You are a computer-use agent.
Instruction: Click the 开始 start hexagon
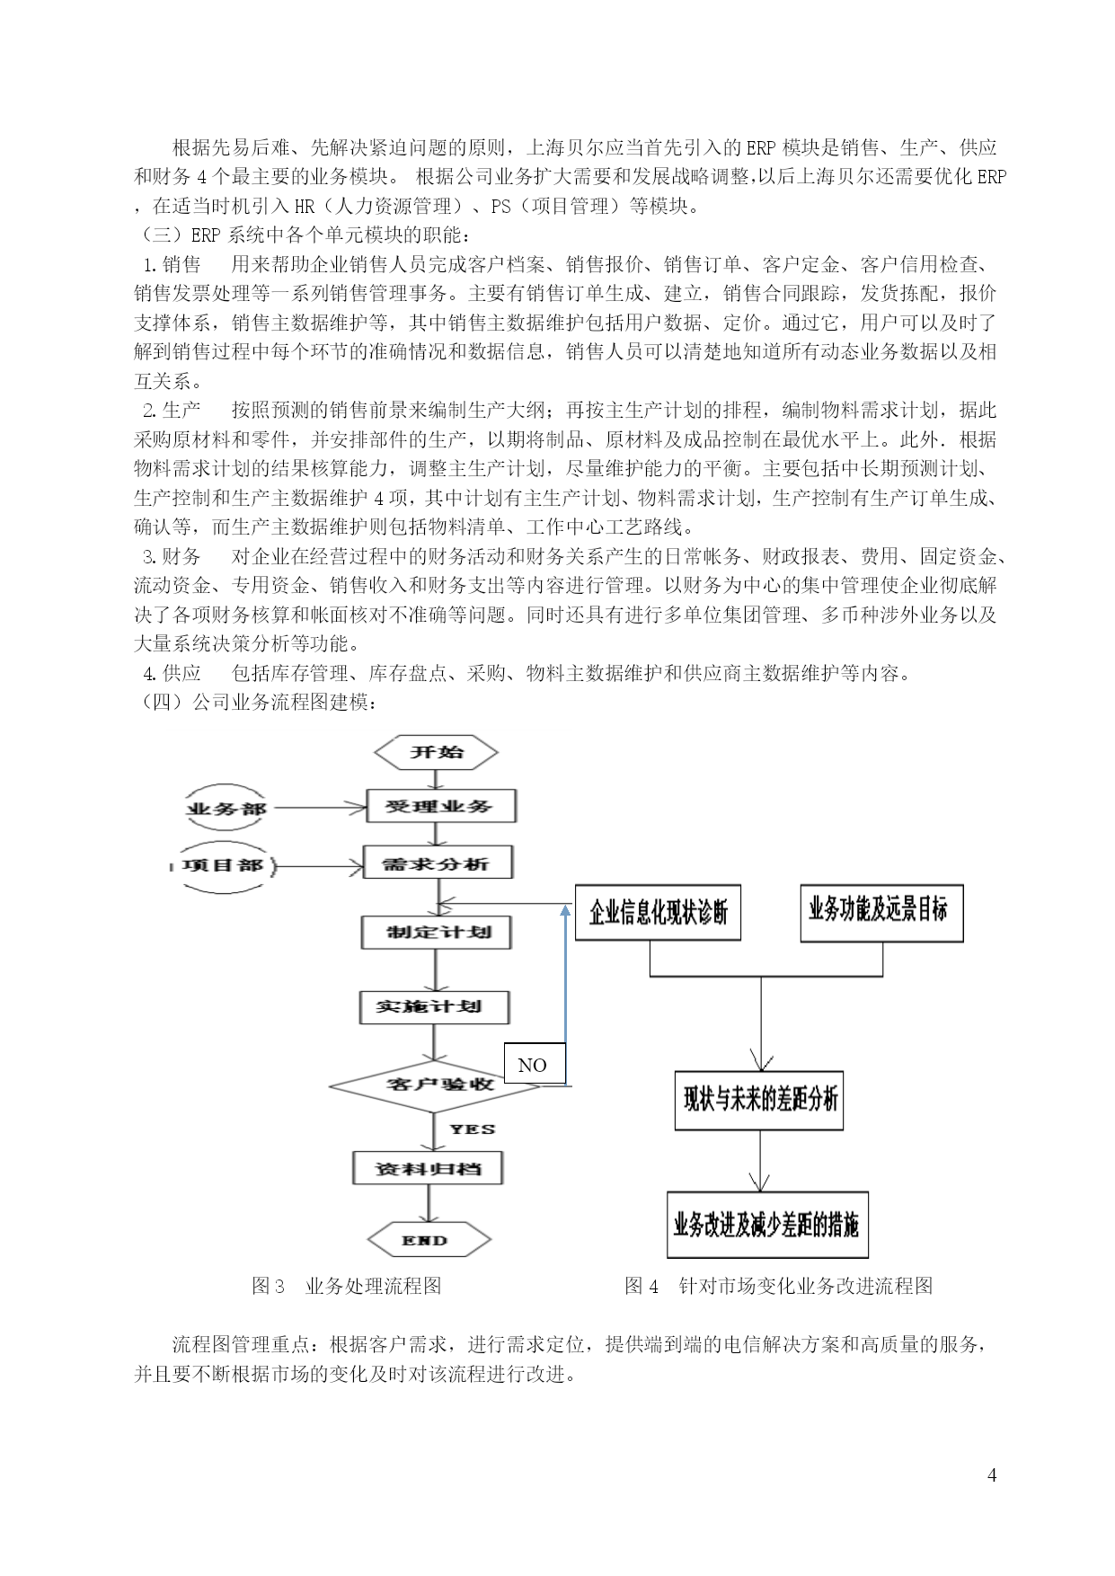436,752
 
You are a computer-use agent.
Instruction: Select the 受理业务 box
441,806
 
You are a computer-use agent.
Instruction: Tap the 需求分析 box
438,863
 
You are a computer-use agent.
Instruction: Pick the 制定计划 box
437,932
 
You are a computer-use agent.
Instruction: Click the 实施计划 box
435,1007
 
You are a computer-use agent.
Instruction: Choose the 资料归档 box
428,1168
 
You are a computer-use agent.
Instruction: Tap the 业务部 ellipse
226,809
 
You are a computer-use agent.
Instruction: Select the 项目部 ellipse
223,865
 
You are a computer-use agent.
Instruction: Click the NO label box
535,1064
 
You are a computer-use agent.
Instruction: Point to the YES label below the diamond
473,1129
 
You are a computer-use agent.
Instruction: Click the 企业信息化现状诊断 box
658,913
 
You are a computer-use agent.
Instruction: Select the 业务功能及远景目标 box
881,913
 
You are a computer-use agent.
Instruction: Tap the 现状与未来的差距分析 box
759,1100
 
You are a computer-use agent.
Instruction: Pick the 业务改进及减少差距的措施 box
767,1225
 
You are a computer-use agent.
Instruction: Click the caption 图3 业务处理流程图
347,1286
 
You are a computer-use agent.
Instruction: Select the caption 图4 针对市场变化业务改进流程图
779,1286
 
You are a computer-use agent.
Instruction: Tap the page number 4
992,1474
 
